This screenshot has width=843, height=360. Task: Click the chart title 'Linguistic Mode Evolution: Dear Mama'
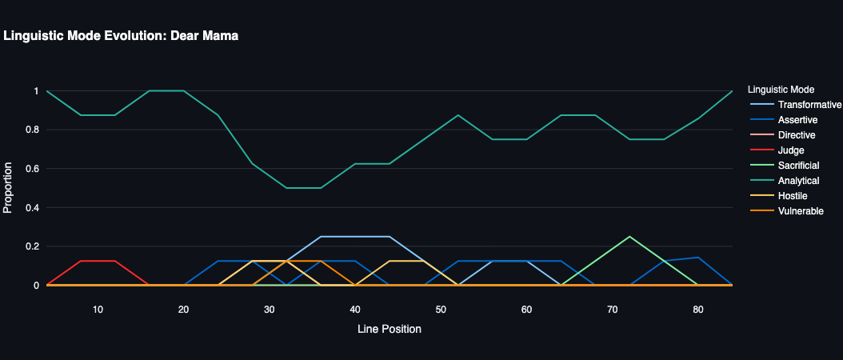pos(122,36)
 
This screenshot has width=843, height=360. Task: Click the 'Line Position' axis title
pos(389,329)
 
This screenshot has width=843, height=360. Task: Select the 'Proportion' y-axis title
pos(9,188)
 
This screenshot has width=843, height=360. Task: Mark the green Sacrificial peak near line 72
pos(629,237)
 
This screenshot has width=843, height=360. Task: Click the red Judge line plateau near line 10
pos(98,261)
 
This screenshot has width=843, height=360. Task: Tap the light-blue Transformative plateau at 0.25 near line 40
pos(355,237)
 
